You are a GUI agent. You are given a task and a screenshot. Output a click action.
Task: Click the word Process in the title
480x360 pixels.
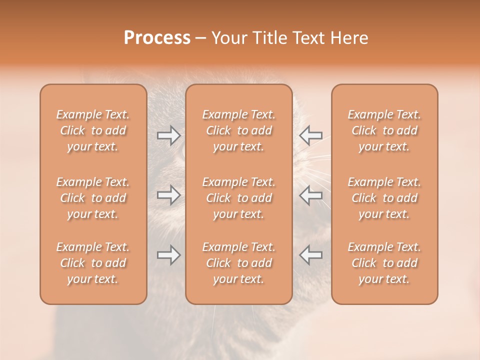pos(157,38)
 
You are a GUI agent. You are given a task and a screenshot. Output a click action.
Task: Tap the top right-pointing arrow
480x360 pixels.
pos(168,135)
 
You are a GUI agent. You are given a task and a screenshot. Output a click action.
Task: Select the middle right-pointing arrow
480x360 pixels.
pos(168,195)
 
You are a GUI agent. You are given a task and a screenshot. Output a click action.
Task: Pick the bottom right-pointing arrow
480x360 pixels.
pos(168,255)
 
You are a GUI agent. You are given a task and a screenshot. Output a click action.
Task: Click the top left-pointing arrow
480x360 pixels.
pos(310,135)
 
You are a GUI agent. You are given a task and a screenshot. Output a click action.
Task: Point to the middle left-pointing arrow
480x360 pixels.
pos(310,195)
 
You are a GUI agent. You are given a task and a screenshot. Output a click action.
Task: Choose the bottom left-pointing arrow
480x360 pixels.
pos(310,255)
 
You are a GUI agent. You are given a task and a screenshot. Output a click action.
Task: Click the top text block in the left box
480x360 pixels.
pos(93,130)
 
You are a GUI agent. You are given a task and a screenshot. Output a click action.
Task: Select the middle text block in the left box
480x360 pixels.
pos(93,198)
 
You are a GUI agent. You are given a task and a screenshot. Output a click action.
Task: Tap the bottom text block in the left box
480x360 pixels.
pos(93,263)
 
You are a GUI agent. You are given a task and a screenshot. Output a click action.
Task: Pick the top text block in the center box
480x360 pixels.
pos(239,130)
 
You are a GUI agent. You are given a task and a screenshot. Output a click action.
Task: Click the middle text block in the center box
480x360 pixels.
pos(239,198)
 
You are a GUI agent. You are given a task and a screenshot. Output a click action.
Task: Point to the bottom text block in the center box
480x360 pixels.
pos(239,263)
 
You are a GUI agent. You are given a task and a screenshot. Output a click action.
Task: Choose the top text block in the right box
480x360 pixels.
pos(384,130)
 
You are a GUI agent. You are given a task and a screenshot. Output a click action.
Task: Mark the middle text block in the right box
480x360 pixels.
pos(384,198)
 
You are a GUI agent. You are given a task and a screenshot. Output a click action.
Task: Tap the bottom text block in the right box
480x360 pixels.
pos(384,263)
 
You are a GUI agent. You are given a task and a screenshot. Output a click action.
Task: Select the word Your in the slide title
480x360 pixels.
pos(228,38)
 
